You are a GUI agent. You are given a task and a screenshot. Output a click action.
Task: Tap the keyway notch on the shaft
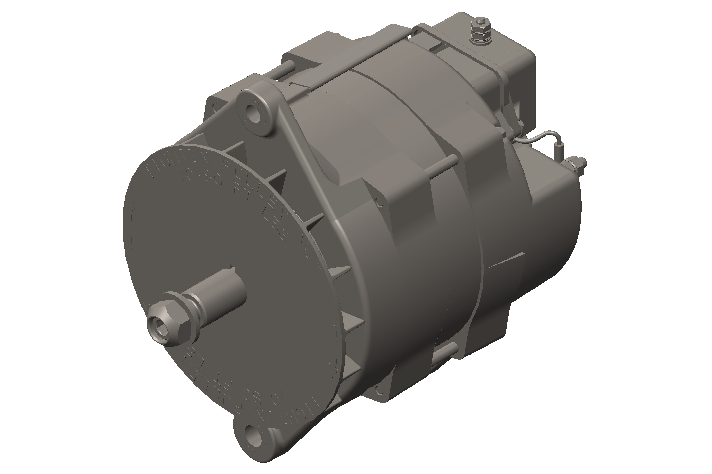coord(232,268)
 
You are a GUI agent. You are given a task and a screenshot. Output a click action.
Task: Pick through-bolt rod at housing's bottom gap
coord(445,352)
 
